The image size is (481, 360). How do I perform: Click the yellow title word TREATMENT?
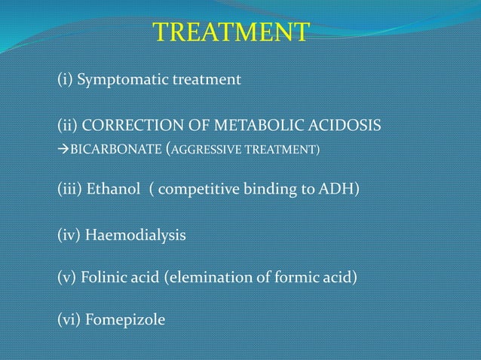(x=231, y=32)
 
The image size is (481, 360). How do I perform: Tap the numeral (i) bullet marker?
(x=65, y=78)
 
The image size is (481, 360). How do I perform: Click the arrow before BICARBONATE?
(x=63, y=149)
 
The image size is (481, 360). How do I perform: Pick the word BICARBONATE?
(x=114, y=149)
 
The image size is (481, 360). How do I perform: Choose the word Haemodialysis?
(x=135, y=236)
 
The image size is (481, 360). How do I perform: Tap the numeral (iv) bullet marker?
(x=69, y=236)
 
